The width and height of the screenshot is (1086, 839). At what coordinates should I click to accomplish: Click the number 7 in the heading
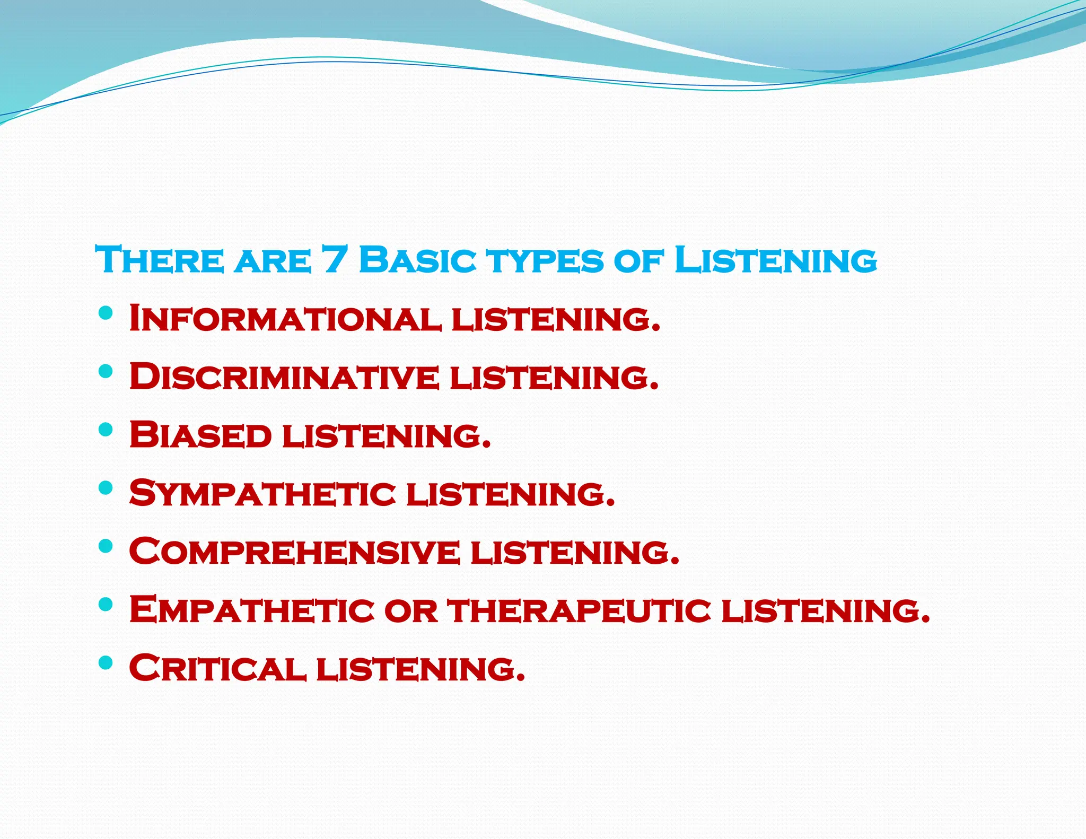334,260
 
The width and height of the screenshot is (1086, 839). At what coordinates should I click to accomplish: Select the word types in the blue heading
546,261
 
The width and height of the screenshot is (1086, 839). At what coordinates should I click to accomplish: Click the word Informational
285,318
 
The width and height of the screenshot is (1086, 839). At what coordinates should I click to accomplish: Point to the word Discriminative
284,377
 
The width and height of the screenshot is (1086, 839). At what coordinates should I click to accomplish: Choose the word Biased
200,435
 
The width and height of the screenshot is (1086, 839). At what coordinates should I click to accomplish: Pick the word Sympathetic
262,493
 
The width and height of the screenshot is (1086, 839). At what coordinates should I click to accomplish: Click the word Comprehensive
294,552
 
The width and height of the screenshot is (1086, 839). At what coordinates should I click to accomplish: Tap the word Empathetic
252,610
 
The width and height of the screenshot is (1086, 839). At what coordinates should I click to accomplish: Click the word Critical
218,668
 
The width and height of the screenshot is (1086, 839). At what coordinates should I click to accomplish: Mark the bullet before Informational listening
106,312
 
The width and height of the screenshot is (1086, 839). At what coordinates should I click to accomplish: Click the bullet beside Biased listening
106,429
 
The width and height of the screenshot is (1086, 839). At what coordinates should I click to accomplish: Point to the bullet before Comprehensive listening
106,546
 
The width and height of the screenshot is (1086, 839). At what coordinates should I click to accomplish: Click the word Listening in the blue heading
775,260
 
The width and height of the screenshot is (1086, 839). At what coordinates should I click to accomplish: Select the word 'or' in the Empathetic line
411,611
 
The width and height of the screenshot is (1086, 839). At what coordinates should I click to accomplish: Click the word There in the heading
160,260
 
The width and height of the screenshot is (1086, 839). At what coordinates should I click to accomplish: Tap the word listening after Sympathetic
511,493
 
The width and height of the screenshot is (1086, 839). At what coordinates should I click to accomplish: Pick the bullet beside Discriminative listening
106,371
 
